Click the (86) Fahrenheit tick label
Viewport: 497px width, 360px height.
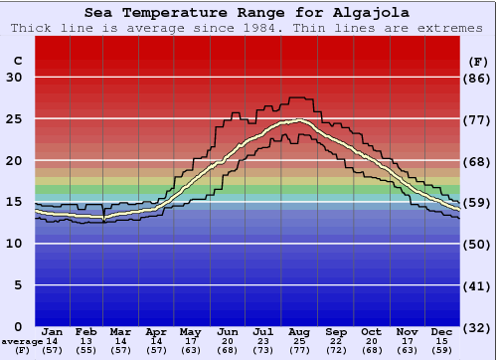coord(478,78)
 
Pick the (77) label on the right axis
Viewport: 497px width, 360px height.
coord(478,119)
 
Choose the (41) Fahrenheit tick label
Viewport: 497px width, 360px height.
coord(478,285)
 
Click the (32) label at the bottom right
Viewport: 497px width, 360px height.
coord(478,327)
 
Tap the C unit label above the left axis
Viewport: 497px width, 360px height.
coord(17,61)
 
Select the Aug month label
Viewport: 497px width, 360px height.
coord(299,332)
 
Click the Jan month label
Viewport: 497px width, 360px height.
coord(53,332)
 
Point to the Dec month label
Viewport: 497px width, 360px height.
coord(442,332)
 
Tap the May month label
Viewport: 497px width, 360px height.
coord(189,332)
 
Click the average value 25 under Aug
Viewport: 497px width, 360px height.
coord(299,341)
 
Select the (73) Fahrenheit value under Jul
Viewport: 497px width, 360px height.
coord(263,350)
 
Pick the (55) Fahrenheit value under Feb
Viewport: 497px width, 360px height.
coord(86,350)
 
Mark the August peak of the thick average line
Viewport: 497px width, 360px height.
coord(297,121)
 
